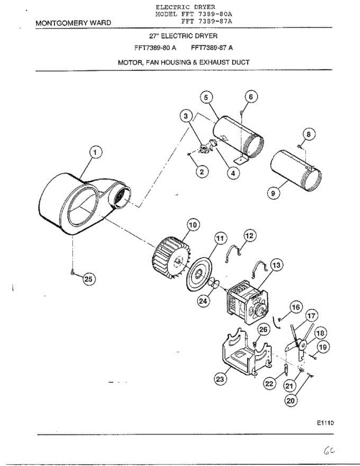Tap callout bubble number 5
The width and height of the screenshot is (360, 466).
coord(207,97)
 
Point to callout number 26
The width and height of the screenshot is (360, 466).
coord(263,330)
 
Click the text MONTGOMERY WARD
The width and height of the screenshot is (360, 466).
coord(73,23)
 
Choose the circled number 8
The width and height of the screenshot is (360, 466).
coord(308,134)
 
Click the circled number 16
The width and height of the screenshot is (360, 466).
coord(296,308)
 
